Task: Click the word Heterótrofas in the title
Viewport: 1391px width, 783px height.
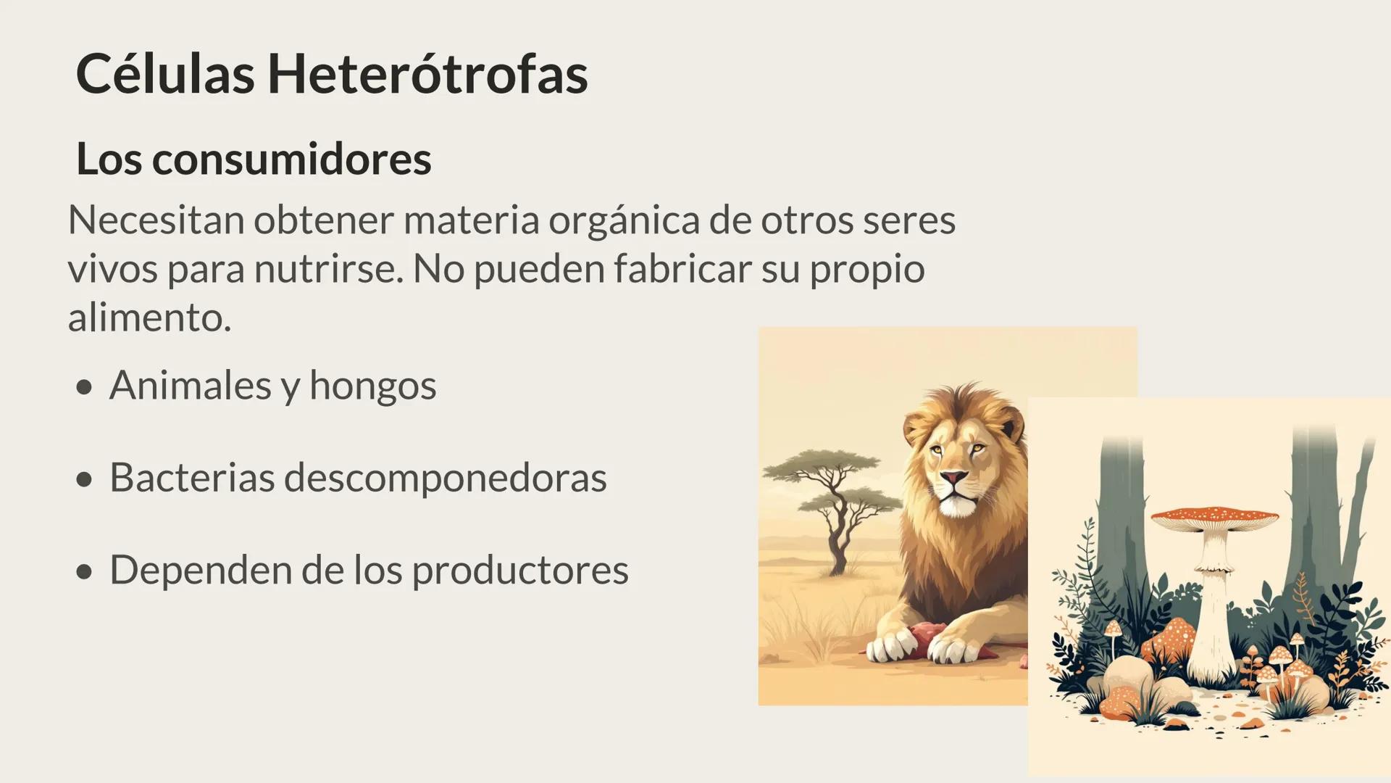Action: click(427, 75)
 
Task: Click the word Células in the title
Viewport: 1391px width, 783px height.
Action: click(165, 75)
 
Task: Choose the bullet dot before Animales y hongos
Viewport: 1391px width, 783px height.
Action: click(85, 387)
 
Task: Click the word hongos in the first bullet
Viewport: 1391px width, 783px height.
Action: click(372, 386)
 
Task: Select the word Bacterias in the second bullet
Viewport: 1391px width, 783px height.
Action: click(192, 478)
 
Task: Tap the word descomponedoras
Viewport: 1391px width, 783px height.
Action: click(445, 478)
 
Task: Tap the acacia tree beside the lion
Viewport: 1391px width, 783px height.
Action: click(833, 500)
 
